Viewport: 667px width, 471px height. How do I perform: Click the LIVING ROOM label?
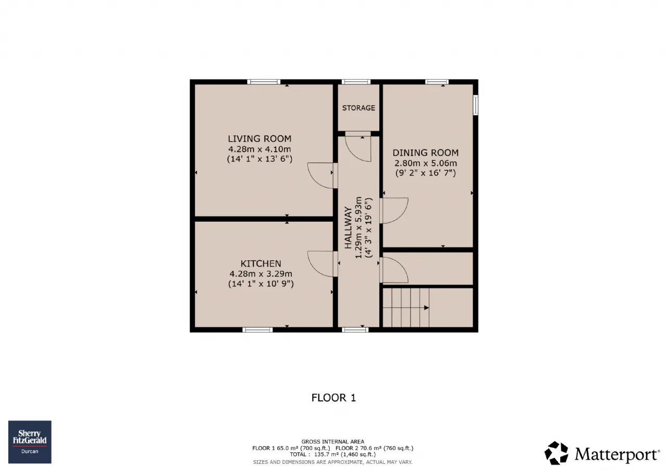coord(260,139)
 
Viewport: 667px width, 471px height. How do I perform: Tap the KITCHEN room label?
coord(261,264)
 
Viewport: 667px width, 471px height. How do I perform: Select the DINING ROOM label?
coord(425,153)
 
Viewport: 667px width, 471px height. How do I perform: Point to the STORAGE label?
coord(359,108)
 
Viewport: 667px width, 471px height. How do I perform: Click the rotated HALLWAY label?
coord(348,227)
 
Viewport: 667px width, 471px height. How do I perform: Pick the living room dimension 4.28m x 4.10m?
coord(260,149)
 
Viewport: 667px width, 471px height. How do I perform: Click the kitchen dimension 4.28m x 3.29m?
coord(261,274)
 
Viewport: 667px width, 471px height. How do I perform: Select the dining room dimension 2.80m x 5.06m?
coord(426,163)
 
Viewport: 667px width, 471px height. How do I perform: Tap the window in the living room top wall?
coord(264,82)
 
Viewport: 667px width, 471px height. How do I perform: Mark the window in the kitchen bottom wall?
coord(257,329)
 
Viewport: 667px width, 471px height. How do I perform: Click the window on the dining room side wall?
coord(476,105)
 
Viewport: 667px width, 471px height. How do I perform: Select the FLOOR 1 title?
coord(333,398)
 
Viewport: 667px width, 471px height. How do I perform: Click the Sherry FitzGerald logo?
coord(30,442)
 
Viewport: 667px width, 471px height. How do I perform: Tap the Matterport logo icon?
coord(556,453)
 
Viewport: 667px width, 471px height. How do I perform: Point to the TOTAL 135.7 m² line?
coord(333,454)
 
